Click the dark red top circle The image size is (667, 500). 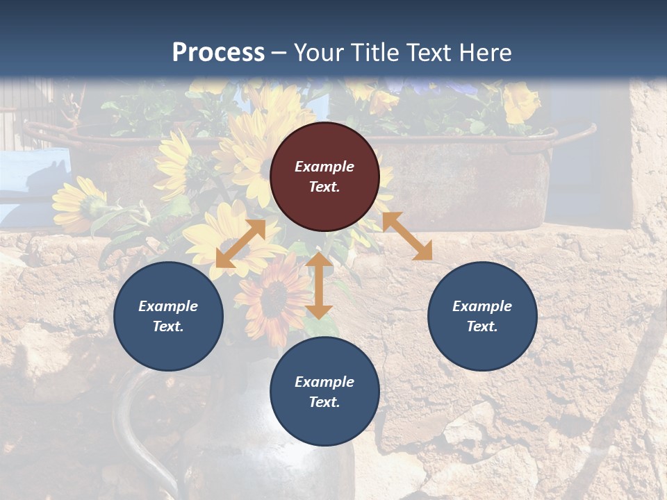(x=324, y=176)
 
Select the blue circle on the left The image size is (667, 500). (x=168, y=316)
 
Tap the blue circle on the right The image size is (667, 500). (x=482, y=316)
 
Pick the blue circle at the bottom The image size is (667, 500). (x=324, y=392)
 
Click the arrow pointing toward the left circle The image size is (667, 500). (x=240, y=244)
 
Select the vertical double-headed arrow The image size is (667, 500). (x=319, y=285)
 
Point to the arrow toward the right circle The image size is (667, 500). (x=407, y=236)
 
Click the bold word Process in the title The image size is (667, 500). (x=218, y=52)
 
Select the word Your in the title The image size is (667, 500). (x=318, y=52)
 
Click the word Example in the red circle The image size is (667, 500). (x=324, y=167)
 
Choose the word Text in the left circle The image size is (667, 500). (x=167, y=326)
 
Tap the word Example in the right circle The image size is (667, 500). (x=482, y=306)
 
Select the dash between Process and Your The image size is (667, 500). (x=279, y=53)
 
